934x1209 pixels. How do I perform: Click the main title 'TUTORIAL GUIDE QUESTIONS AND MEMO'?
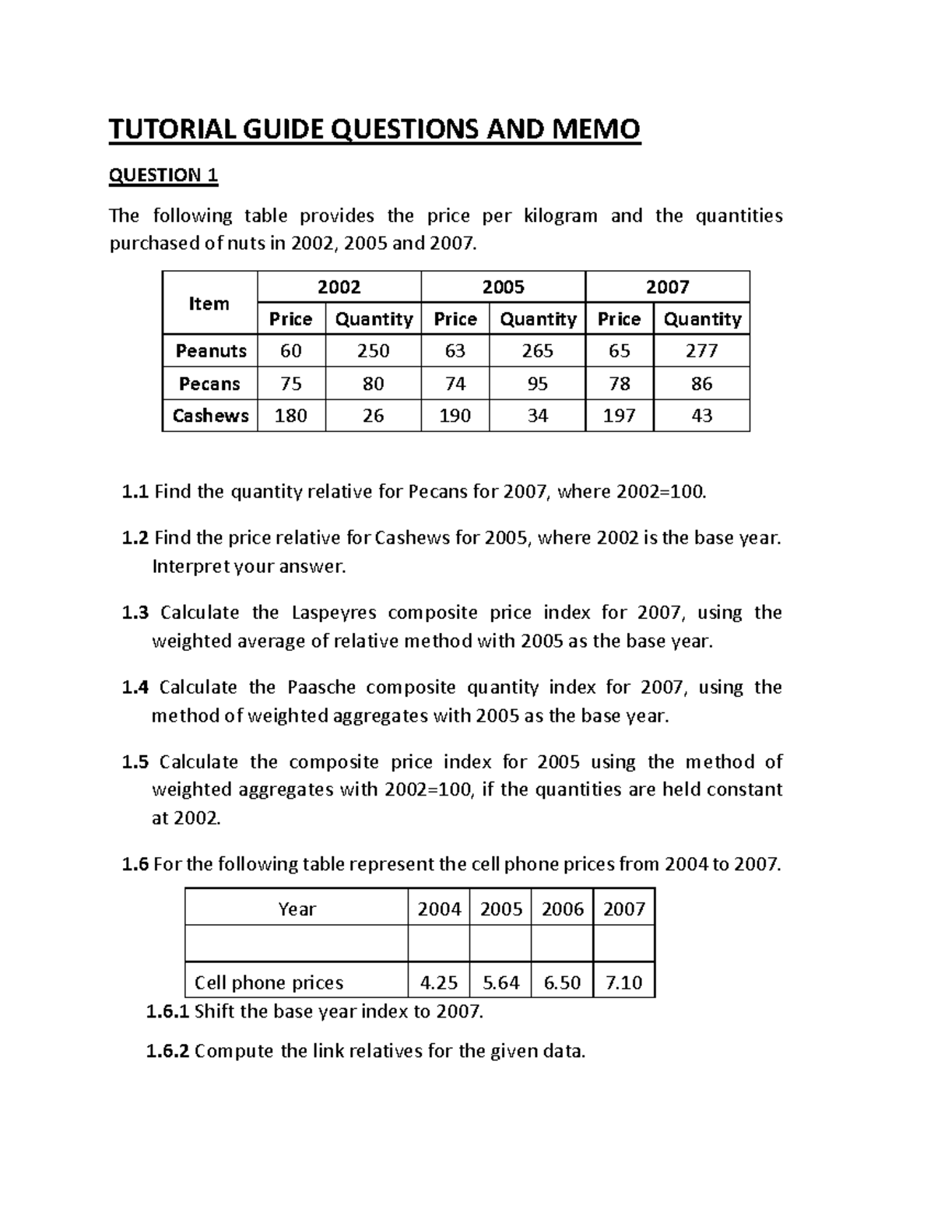pyautogui.click(x=374, y=129)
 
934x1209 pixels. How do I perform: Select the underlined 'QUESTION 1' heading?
pyautogui.click(x=163, y=175)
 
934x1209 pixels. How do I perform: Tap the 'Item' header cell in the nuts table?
pyautogui.click(x=209, y=304)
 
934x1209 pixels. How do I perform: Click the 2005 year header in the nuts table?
pyautogui.click(x=503, y=287)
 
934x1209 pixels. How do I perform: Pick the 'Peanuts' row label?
pyautogui.click(x=210, y=351)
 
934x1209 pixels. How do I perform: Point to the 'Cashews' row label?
pyautogui.click(x=210, y=416)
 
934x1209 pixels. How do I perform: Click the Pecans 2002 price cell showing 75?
pyautogui.click(x=290, y=384)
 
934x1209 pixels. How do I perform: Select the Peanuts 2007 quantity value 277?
pyautogui.click(x=701, y=351)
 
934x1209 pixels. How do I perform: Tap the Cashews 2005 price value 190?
pyautogui.click(x=455, y=416)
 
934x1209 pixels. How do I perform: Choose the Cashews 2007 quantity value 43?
pyautogui.click(x=701, y=416)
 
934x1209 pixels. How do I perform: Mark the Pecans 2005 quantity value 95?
pyautogui.click(x=537, y=384)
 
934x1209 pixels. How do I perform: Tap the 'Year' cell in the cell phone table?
pyautogui.click(x=297, y=909)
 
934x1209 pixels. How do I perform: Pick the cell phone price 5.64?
pyautogui.click(x=500, y=982)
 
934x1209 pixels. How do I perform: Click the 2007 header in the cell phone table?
pyautogui.click(x=623, y=909)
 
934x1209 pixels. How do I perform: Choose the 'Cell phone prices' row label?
pyautogui.click(x=269, y=982)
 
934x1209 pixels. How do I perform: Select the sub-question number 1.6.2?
pyautogui.click(x=167, y=1052)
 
